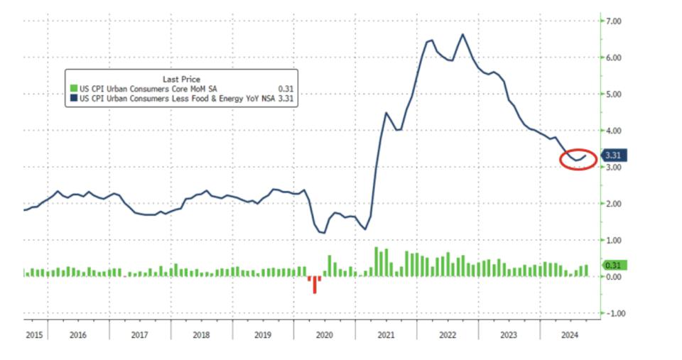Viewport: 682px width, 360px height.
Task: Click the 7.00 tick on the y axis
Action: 614,21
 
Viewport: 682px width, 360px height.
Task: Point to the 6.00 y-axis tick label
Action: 614,58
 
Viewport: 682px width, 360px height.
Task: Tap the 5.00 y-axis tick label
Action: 614,94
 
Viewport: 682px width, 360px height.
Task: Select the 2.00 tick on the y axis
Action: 614,204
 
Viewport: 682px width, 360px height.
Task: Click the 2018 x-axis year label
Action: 202,333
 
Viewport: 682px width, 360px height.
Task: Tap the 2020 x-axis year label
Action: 323,333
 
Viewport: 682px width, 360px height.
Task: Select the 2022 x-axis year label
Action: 447,333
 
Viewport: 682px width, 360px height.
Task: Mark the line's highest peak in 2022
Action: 462,34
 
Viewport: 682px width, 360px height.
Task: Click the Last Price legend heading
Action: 183,80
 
